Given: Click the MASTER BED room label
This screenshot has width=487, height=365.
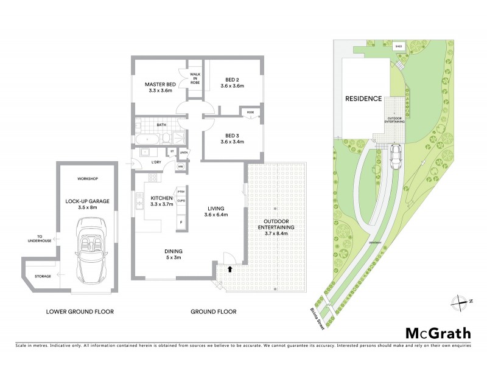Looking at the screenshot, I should coord(160,87).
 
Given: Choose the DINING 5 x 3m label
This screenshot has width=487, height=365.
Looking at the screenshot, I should coord(173,254).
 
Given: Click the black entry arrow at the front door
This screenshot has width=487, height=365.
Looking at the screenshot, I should coord(230,268).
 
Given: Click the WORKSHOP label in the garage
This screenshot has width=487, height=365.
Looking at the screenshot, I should coord(88,178).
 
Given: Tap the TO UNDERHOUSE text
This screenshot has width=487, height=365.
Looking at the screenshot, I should coord(40,239).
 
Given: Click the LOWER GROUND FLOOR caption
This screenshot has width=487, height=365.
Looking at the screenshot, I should coord(80,312).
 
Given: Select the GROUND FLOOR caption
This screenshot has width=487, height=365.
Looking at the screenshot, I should coord(213,312).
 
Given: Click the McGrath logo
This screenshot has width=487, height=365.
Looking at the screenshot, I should coord(438,332).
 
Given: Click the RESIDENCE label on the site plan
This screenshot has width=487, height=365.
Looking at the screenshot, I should coord(363,99).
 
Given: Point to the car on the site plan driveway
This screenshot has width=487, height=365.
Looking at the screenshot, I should coord(396,157).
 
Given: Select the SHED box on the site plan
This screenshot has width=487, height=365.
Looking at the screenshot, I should coord(399,46).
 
